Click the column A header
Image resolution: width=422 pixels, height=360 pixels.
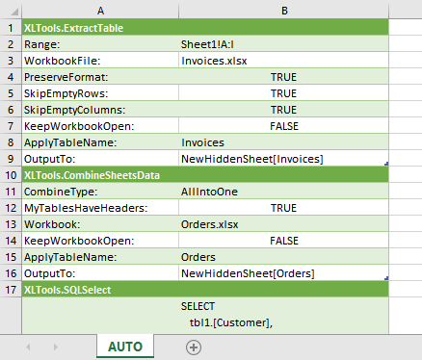(x=99, y=10)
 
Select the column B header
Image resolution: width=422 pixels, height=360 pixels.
(x=283, y=10)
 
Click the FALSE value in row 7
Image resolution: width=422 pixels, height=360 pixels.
(x=283, y=125)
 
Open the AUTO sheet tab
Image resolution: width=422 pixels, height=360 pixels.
(x=125, y=347)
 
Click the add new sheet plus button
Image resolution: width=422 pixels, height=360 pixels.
(x=194, y=347)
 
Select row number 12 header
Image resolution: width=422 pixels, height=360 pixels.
(x=11, y=207)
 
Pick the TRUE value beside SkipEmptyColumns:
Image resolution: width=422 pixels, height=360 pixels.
(x=283, y=109)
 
